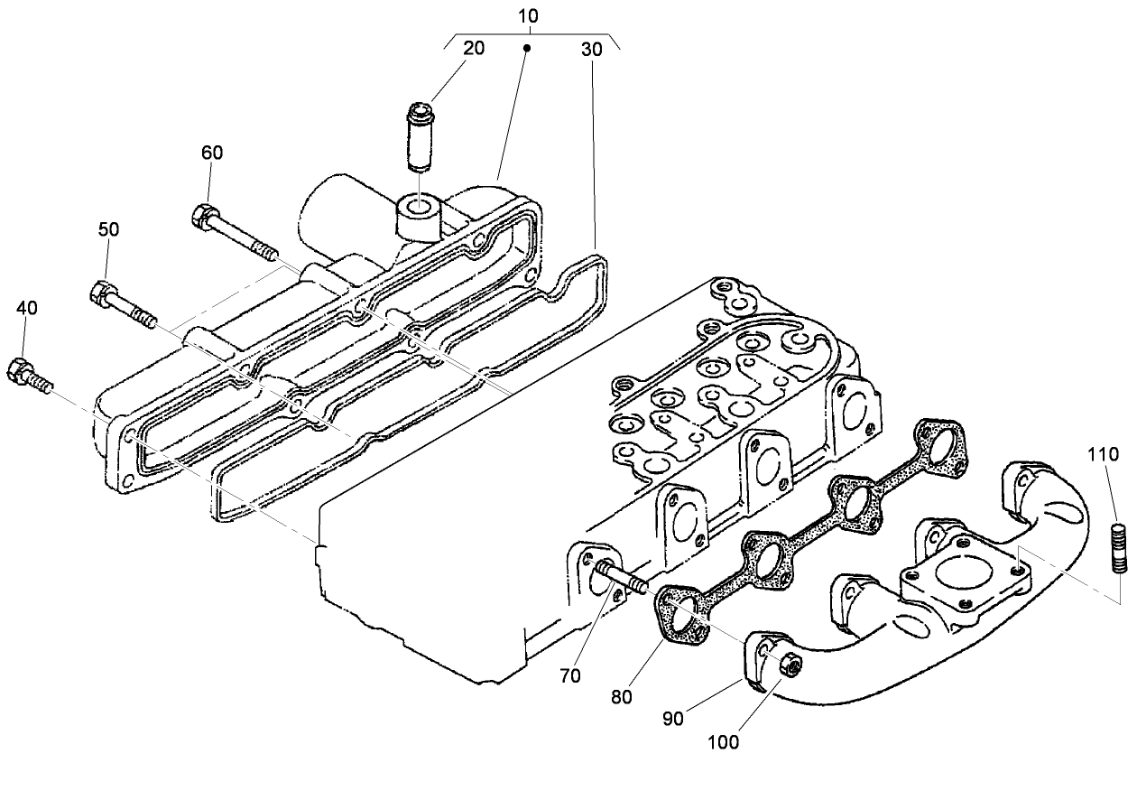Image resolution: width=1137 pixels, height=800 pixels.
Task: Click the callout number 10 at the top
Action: pos(529,16)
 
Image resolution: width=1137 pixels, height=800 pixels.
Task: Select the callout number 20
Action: pos(474,49)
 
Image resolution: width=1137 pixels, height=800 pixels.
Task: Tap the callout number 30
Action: pos(591,50)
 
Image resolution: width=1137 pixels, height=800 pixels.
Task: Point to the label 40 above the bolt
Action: pos(27,308)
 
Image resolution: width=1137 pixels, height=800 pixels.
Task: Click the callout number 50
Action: pos(108,230)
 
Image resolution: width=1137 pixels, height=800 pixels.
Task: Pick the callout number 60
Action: pos(212,153)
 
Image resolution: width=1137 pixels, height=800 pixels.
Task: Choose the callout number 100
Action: pos(724,742)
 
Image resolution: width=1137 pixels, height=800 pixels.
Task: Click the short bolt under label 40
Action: pos(31,377)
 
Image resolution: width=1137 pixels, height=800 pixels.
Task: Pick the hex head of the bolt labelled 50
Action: pos(103,293)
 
